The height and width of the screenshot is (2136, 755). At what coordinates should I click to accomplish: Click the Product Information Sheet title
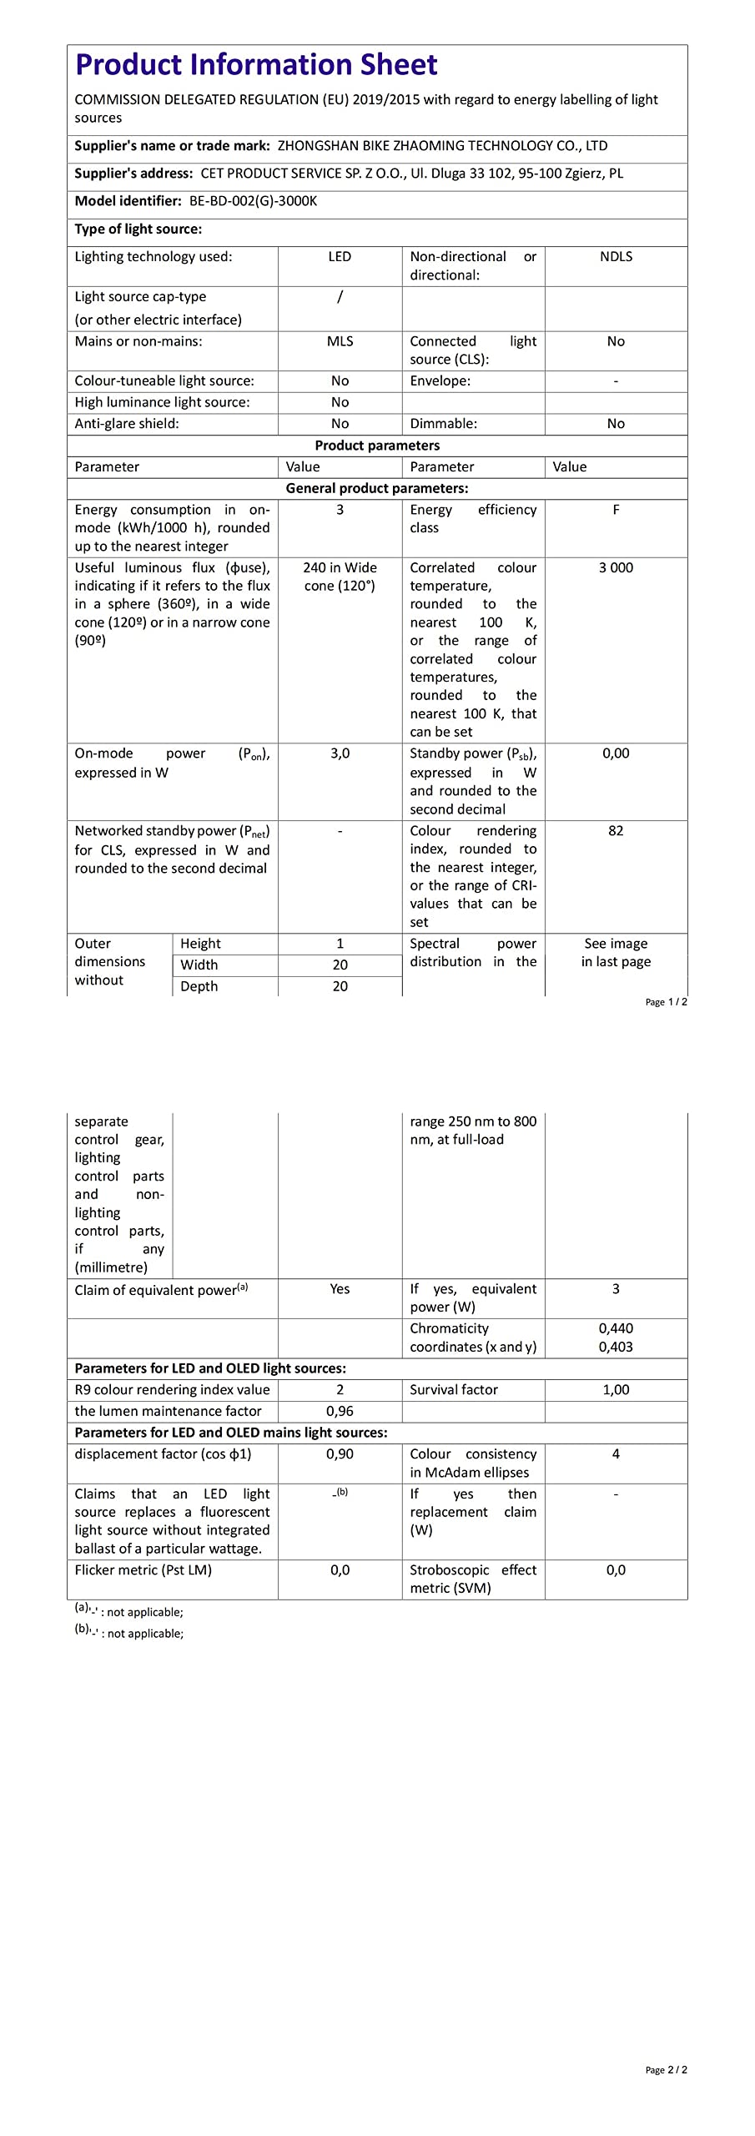(256, 65)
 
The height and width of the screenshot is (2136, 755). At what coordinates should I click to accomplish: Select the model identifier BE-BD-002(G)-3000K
(253, 201)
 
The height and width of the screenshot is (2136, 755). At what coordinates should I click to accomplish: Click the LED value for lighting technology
(340, 257)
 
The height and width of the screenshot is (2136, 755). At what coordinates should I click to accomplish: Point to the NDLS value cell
(616, 257)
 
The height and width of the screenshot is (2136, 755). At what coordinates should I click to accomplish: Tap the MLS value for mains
(340, 341)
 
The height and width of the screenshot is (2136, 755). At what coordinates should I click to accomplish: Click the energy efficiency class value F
(616, 510)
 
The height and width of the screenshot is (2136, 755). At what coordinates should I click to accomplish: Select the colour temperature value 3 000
(616, 567)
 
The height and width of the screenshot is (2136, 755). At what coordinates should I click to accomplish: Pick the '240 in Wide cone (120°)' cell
(340, 577)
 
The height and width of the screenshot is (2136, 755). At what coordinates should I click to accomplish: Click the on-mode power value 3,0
(340, 753)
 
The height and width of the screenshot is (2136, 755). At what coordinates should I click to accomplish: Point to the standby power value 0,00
(616, 753)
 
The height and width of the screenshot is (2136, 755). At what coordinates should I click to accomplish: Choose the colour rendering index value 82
(616, 831)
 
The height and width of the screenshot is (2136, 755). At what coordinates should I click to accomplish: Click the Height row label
(200, 944)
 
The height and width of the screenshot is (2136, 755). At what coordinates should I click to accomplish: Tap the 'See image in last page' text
(616, 953)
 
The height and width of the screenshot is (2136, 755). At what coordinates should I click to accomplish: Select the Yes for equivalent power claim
(340, 1289)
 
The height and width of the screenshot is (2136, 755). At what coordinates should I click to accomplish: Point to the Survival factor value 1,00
(616, 1390)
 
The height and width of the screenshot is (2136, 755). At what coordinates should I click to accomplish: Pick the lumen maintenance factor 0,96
(340, 1412)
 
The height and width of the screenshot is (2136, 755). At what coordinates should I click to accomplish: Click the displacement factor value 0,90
(340, 1454)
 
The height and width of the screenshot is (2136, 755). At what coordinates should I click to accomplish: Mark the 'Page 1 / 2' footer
(666, 1002)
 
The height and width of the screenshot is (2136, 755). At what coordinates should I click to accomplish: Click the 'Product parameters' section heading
(377, 446)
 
